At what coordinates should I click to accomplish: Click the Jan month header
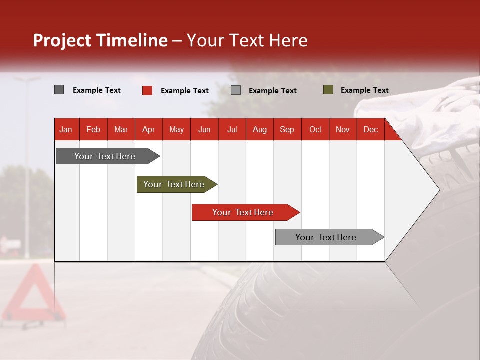(x=66, y=129)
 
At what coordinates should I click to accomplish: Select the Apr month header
(x=149, y=129)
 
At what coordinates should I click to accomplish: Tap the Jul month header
(x=232, y=129)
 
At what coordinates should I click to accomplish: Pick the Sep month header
(x=287, y=129)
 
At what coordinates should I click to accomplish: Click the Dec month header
(x=370, y=129)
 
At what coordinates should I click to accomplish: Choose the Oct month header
(x=315, y=129)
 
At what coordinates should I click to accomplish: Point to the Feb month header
(x=93, y=129)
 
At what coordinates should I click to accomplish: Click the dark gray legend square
(x=59, y=90)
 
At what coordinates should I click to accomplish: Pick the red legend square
(x=147, y=90)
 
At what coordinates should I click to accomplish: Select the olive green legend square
(x=328, y=90)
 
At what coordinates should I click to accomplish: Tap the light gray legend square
(x=236, y=90)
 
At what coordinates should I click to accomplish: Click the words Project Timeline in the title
(x=100, y=40)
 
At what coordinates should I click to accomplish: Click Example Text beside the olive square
(x=364, y=90)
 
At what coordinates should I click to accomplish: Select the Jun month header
(x=204, y=129)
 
